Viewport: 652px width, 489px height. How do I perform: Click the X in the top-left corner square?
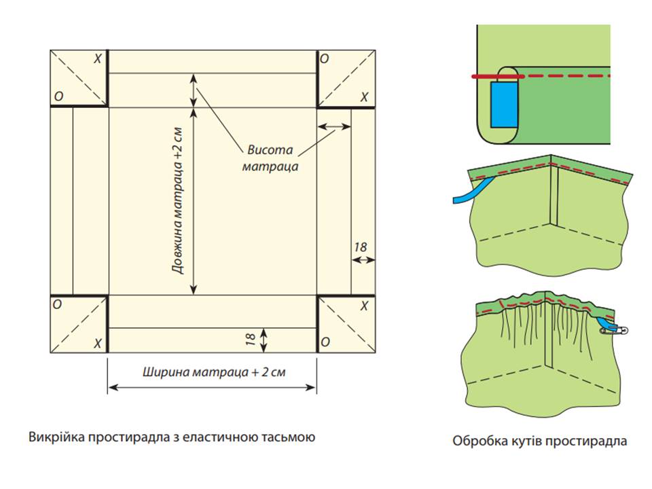[x=98, y=60]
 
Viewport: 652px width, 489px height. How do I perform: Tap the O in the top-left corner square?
[x=59, y=98]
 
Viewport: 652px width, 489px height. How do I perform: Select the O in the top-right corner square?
[x=325, y=60]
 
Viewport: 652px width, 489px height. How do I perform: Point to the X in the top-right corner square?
[x=364, y=98]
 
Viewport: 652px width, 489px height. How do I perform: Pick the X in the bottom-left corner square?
[x=98, y=344]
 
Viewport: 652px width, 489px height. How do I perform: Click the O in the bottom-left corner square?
[x=59, y=306]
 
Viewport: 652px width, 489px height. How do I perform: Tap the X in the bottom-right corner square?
[x=364, y=306]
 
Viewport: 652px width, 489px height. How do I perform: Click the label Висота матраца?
[x=269, y=158]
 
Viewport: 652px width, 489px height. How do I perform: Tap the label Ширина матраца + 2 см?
[x=212, y=372]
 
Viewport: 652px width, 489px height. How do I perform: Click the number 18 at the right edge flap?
[x=361, y=248]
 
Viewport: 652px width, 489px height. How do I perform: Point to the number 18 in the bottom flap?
[x=251, y=338]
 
